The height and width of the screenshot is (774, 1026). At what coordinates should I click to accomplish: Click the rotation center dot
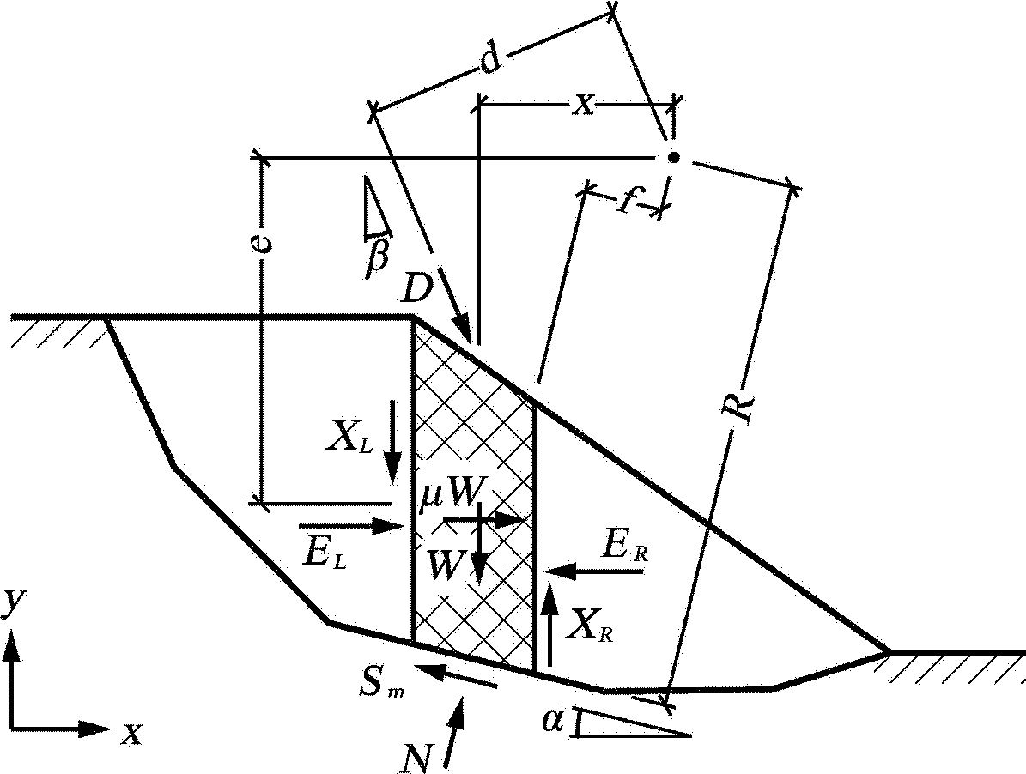pyautogui.click(x=672, y=158)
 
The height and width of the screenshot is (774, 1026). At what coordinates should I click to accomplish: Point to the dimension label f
pyautogui.click(x=626, y=200)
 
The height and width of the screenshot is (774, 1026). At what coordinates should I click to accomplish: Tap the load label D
pyautogui.click(x=416, y=288)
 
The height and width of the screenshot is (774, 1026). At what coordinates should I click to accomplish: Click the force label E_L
pyautogui.click(x=326, y=553)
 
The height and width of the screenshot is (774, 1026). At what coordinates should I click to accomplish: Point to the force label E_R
pyautogui.click(x=625, y=547)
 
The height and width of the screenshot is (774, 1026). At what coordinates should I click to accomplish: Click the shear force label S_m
pyautogui.click(x=380, y=682)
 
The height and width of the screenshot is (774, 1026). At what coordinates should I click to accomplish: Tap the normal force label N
pyautogui.click(x=417, y=758)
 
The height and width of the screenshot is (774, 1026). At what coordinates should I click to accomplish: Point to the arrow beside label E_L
pyautogui.click(x=350, y=526)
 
